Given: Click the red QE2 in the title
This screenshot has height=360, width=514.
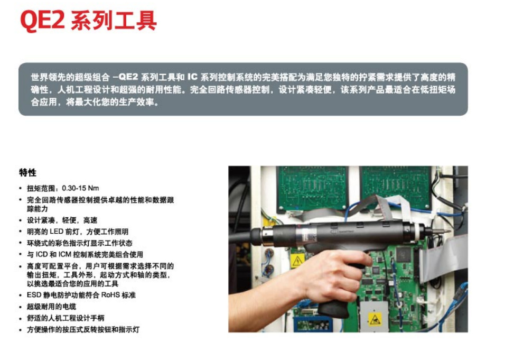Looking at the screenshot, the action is click(42, 20).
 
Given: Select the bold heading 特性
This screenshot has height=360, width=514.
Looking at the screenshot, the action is click(27, 173).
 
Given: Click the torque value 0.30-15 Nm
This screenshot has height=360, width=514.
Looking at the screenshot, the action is click(80, 188).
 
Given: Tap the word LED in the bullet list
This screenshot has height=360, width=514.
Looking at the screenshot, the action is click(57, 232).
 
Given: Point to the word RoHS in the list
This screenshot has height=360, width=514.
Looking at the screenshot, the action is click(110, 295).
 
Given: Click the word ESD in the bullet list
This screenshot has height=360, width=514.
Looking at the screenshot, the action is click(33, 295).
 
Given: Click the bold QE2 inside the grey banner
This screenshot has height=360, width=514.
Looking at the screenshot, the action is click(128, 77).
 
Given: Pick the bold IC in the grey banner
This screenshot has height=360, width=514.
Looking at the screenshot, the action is click(192, 77).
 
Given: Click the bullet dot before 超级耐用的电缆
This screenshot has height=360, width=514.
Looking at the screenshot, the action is click(20, 307).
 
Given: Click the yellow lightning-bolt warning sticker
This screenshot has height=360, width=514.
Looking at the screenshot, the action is click(297, 261).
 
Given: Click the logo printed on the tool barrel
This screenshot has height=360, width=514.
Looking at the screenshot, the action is click(341, 232).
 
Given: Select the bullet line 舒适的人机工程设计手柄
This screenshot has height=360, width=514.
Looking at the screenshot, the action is click(66, 318).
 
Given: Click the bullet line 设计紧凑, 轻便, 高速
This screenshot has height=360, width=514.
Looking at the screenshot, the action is click(62, 220).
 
